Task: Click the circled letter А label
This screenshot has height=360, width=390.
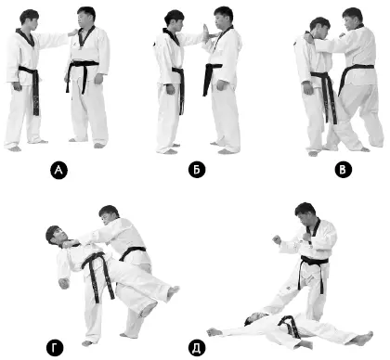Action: pos(58,170)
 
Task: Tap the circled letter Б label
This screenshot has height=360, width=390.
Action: pos(197,170)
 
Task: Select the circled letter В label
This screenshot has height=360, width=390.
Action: pos(343,170)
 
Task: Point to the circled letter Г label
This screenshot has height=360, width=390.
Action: pos(55,348)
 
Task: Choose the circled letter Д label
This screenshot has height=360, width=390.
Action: pos(197,348)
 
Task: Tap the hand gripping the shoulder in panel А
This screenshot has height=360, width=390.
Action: pos(72,32)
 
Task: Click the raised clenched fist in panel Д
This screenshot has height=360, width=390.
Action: pos(277,239)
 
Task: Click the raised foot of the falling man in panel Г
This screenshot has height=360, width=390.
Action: pos(173,292)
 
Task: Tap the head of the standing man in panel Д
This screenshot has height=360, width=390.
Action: pos(305,214)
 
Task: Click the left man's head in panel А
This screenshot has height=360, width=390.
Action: pos(29,20)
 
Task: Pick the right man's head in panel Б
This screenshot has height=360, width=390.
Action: pos(223,19)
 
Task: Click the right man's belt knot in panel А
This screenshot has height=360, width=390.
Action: pos(84,65)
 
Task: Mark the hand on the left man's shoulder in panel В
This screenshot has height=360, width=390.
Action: pos(310,38)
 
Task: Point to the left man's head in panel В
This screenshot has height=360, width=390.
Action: pos(319,29)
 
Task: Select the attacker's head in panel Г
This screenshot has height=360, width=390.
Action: pos(109,215)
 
